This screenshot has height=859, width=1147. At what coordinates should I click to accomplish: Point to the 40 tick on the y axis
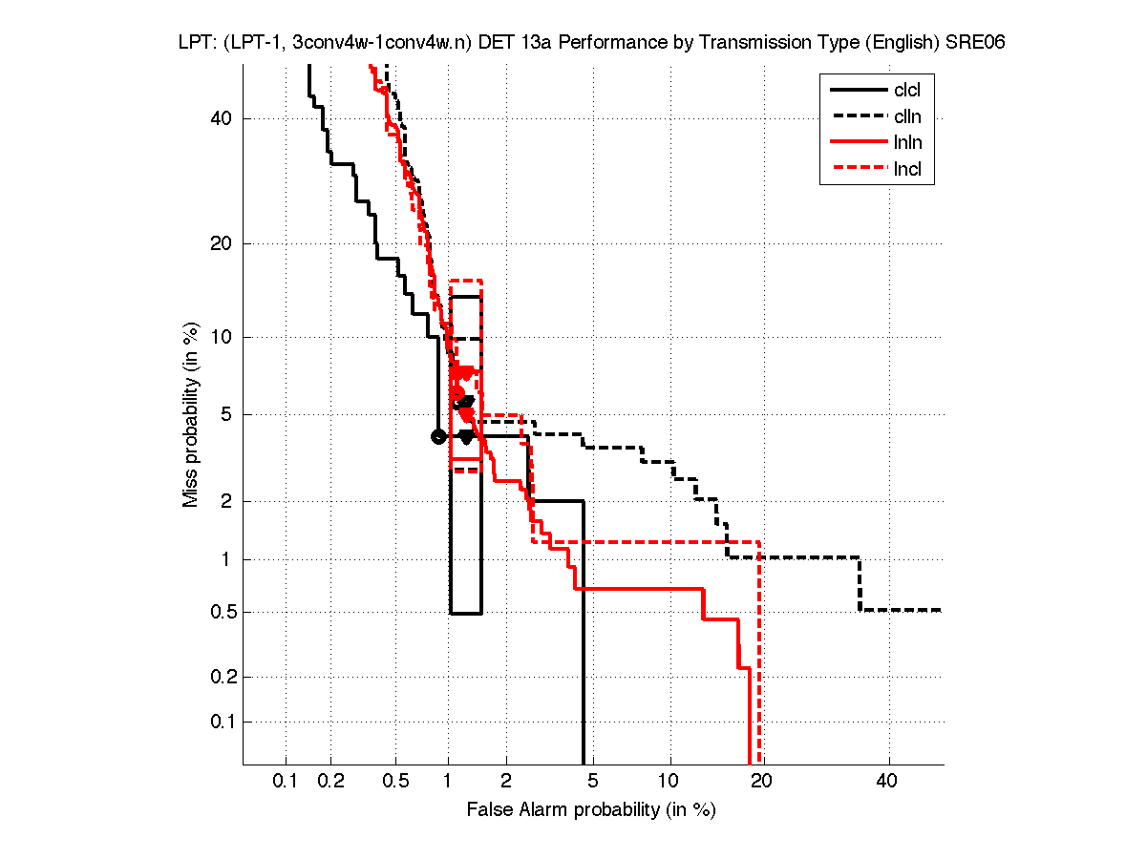222,118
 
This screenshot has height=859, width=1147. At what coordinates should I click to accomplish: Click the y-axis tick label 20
222,243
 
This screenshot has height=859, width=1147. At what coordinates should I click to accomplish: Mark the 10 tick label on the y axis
222,337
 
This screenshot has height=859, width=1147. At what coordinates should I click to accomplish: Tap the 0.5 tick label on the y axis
218,612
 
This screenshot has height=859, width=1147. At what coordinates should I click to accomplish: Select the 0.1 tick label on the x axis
286,781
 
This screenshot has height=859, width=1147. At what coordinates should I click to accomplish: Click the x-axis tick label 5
593,781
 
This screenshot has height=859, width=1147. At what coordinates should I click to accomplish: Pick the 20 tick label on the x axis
761,781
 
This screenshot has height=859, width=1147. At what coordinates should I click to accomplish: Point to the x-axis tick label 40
888,781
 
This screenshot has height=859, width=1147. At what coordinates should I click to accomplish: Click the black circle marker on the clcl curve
438,436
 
